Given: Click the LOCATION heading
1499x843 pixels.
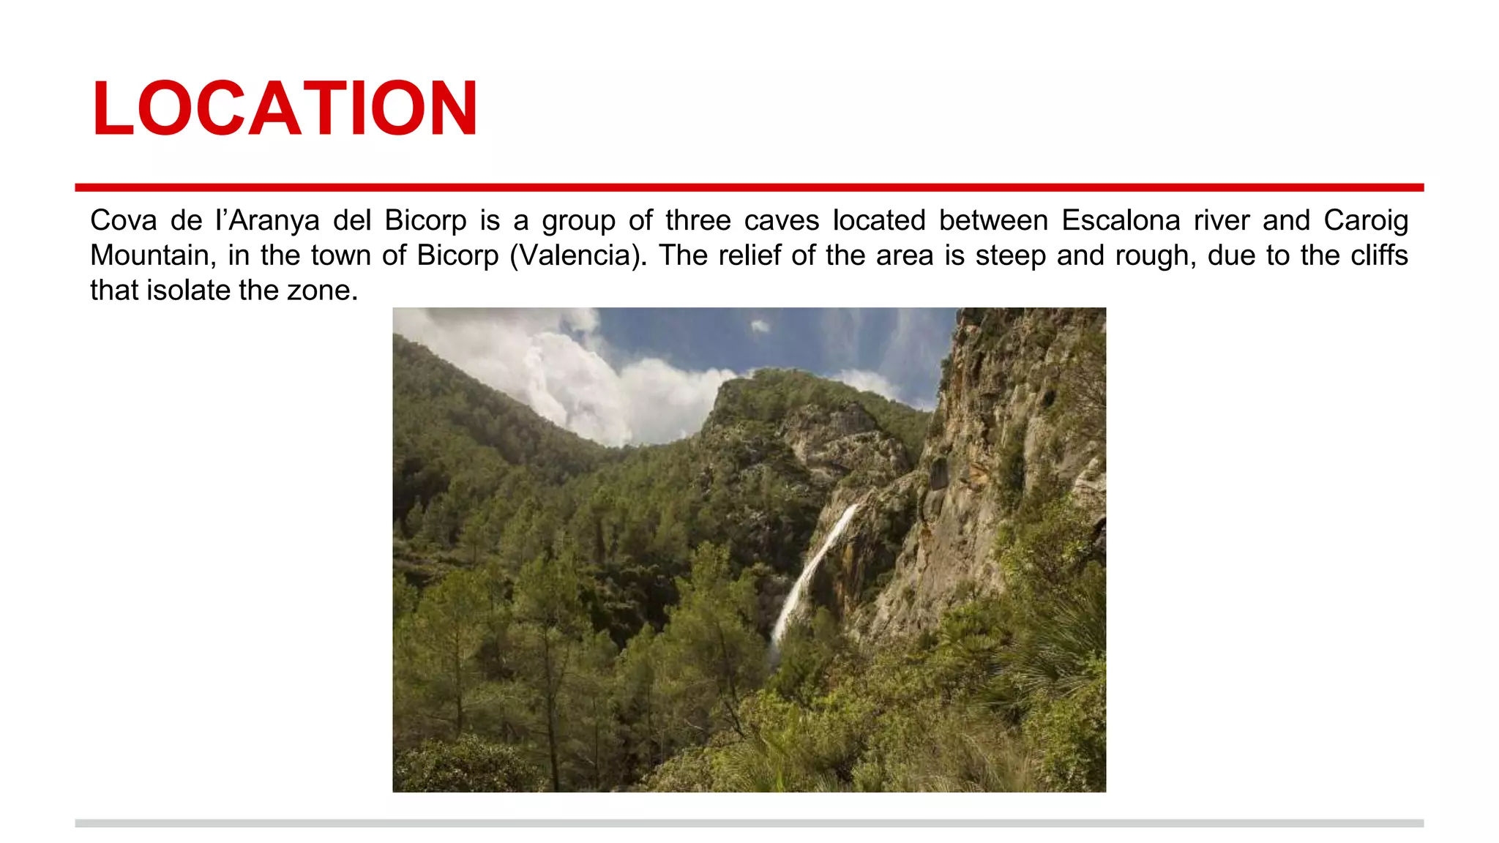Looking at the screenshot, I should click(x=285, y=108).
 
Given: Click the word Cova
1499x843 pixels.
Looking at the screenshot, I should click(x=124, y=220).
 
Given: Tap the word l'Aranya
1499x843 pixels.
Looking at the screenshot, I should click(x=267, y=220).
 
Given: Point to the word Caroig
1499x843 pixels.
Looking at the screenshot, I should click(x=1366, y=220).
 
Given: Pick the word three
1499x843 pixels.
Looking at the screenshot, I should click(x=698, y=220).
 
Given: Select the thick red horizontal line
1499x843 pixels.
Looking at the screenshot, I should click(x=749, y=187).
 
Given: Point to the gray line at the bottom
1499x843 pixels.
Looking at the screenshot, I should click(x=749, y=823).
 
